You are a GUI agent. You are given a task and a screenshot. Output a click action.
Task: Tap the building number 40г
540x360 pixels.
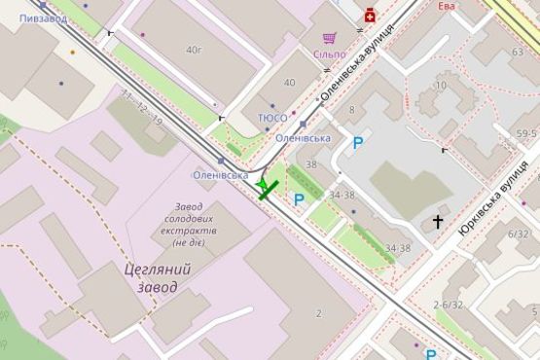click(x=195, y=49)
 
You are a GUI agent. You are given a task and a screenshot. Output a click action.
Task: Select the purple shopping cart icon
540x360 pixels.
click(x=330, y=38)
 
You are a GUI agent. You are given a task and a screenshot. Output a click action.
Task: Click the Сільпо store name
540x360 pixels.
click(x=329, y=54)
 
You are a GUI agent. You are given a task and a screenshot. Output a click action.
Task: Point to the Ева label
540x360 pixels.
click(x=447, y=6)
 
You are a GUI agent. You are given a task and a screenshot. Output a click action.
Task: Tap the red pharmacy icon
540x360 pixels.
click(x=370, y=15)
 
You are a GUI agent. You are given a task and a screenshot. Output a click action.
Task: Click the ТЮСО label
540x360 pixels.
click(x=272, y=118)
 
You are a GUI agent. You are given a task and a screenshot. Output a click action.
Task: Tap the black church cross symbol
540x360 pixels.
click(x=438, y=223)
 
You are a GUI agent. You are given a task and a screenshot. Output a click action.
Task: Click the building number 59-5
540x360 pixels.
click(x=526, y=134)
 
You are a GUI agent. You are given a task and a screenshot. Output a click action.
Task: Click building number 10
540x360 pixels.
click(x=441, y=86)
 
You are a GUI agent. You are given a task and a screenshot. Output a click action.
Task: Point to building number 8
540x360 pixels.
click(x=351, y=109)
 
